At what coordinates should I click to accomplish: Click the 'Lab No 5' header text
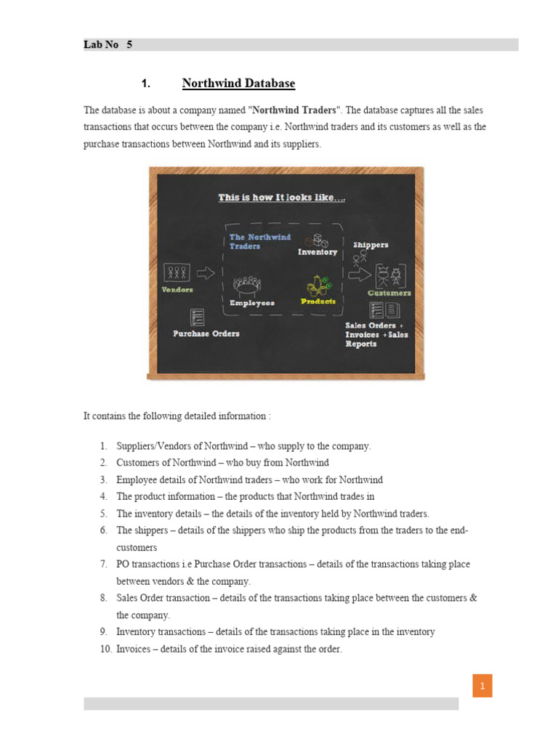(x=108, y=45)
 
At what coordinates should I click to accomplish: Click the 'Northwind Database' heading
(x=238, y=84)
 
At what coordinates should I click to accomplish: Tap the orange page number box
(x=482, y=686)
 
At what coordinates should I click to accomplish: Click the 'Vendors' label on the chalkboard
(x=177, y=290)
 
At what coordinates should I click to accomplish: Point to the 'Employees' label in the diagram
(x=251, y=303)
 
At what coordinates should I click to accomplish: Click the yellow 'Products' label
(x=318, y=302)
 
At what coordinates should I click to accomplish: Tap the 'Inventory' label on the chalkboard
(x=318, y=252)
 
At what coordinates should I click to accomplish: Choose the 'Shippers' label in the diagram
(x=371, y=245)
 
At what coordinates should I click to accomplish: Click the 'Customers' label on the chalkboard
(x=389, y=294)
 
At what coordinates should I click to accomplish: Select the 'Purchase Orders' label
(x=206, y=333)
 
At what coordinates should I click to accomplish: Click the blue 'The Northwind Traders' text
(x=259, y=241)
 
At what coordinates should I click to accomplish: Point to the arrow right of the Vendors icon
(x=206, y=273)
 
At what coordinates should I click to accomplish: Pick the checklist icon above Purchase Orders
(x=196, y=317)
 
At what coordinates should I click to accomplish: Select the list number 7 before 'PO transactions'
(x=104, y=565)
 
